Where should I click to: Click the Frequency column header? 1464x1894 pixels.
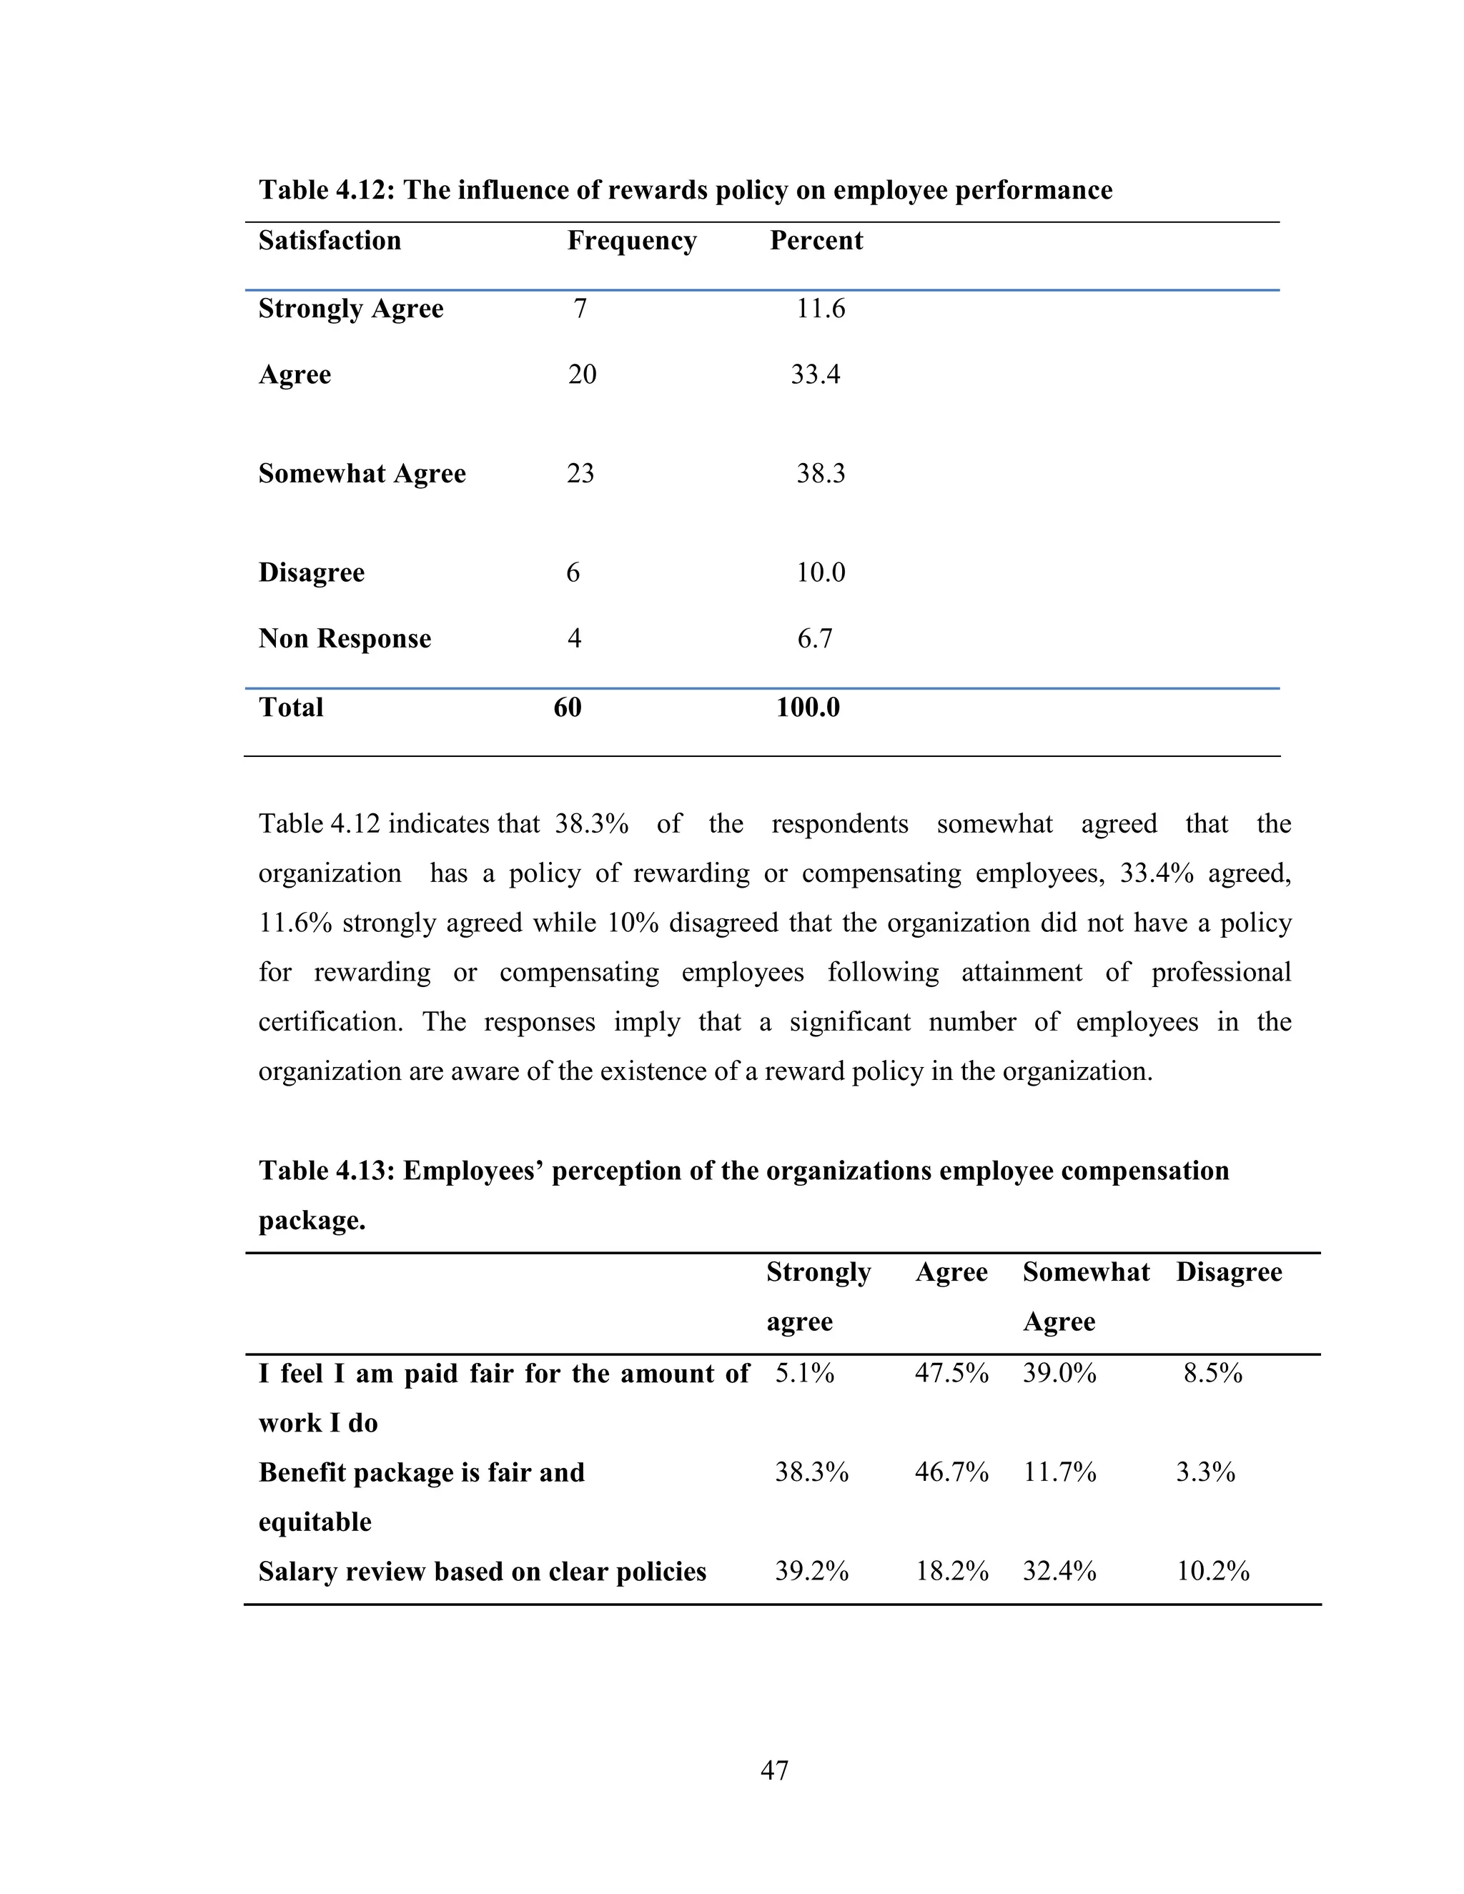pyautogui.click(x=631, y=240)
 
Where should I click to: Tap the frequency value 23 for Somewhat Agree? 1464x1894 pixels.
pyautogui.click(x=580, y=473)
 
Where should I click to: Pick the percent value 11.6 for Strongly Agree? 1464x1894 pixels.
pyautogui.click(x=820, y=309)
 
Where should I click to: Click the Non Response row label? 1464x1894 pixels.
pyautogui.click(x=345, y=638)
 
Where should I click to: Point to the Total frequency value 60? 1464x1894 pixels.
pyautogui.click(x=567, y=708)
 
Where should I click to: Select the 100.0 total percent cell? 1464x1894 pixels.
pyautogui.click(x=808, y=708)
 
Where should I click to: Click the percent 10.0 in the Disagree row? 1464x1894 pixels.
pyautogui.click(x=820, y=572)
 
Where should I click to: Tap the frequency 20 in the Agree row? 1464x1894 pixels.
pyautogui.click(x=582, y=375)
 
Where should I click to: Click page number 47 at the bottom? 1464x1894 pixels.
pyautogui.click(x=773, y=1770)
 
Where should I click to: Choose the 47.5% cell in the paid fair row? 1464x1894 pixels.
pyautogui.click(x=951, y=1374)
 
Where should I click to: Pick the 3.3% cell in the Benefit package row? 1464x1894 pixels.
pyautogui.click(x=1205, y=1472)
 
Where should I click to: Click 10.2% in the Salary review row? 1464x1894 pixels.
pyautogui.click(x=1212, y=1572)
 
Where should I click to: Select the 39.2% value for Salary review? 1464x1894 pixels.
pyautogui.click(x=811, y=1572)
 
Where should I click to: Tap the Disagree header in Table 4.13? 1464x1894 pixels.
pyautogui.click(x=1228, y=1272)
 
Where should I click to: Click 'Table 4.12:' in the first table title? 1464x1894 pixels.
pyautogui.click(x=327, y=190)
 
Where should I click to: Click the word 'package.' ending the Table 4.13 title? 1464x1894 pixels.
pyautogui.click(x=312, y=1221)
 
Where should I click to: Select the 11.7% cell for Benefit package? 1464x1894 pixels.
pyautogui.click(x=1059, y=1472)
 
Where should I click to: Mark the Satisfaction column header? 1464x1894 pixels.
pyautogui.click(x=330, y=240)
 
